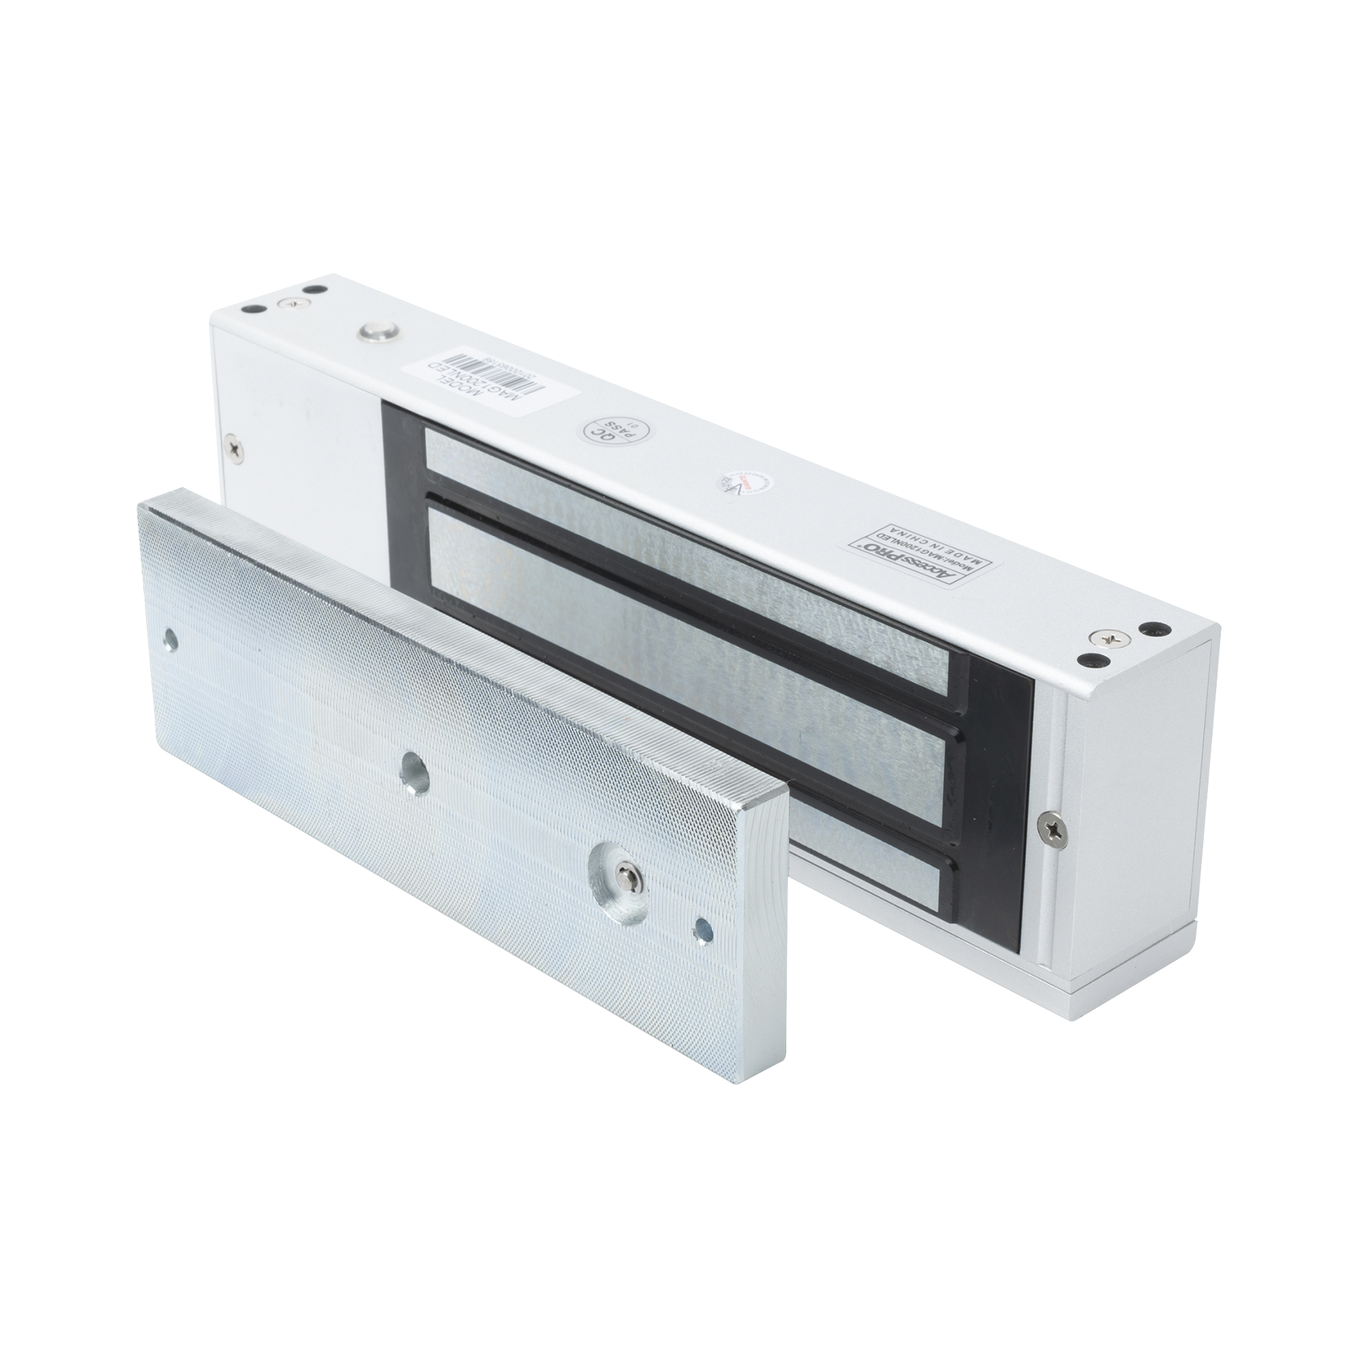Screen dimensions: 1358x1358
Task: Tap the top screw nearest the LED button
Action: (287, 303)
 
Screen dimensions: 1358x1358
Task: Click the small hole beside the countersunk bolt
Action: (701, 931)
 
